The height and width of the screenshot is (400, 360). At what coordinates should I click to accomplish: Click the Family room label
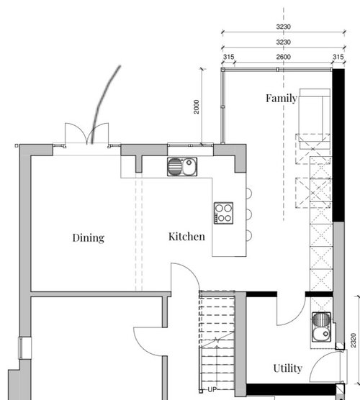pos(281,98)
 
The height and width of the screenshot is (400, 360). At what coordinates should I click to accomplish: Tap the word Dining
pos(89,237)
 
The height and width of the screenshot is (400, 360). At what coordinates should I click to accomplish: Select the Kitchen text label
pos(186,236)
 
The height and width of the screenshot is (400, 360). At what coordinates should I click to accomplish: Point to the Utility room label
pos(287,369)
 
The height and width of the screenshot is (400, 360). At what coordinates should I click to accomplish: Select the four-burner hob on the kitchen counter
pos(225,213)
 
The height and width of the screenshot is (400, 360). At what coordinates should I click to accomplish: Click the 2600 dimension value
pos(283,58)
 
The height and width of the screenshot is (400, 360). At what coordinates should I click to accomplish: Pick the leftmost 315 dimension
pos(229,58)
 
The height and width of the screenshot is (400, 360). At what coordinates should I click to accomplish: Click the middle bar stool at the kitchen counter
pos(248,213)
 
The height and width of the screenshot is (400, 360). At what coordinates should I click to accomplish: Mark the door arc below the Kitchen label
pos(181,277)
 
